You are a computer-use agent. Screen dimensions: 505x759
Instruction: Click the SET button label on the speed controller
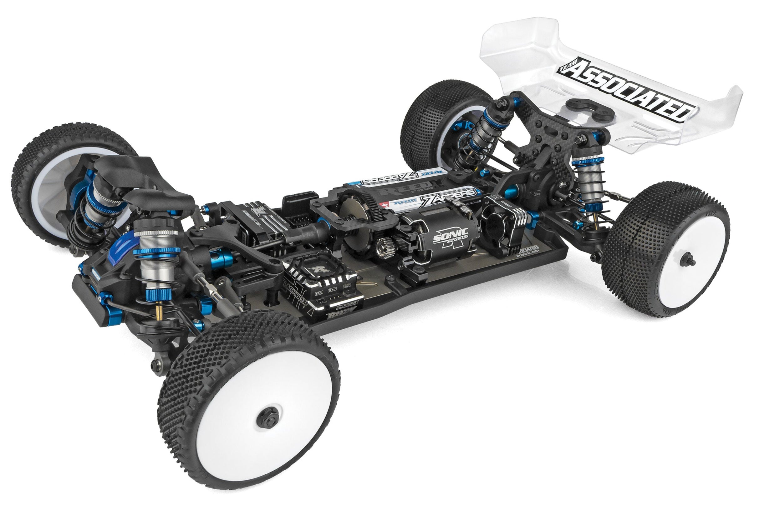(x=347, y=286)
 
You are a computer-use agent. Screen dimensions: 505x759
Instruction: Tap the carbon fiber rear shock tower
(x=545, y=135)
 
